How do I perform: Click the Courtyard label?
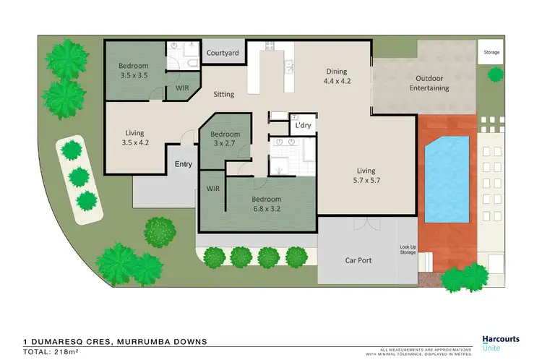(223, 53)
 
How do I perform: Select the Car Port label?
(358, 260)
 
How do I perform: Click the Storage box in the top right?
(491, 52)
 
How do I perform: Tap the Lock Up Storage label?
(408, 250)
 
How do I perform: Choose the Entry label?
(184, 164)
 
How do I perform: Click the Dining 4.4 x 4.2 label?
(336, 76)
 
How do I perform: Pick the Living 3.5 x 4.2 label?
(134, 137)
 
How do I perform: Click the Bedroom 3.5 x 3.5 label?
(134, 70)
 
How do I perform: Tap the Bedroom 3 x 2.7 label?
(225, 139)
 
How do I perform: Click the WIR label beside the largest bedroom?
(212, 188)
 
